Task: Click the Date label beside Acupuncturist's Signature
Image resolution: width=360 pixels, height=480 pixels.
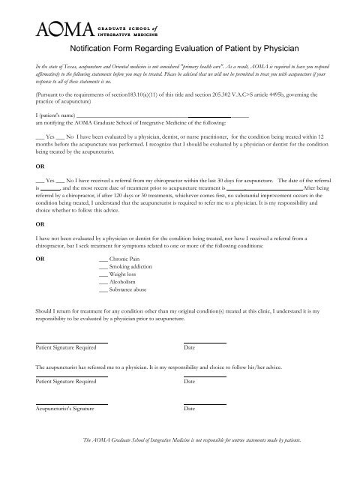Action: (189, 409)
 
